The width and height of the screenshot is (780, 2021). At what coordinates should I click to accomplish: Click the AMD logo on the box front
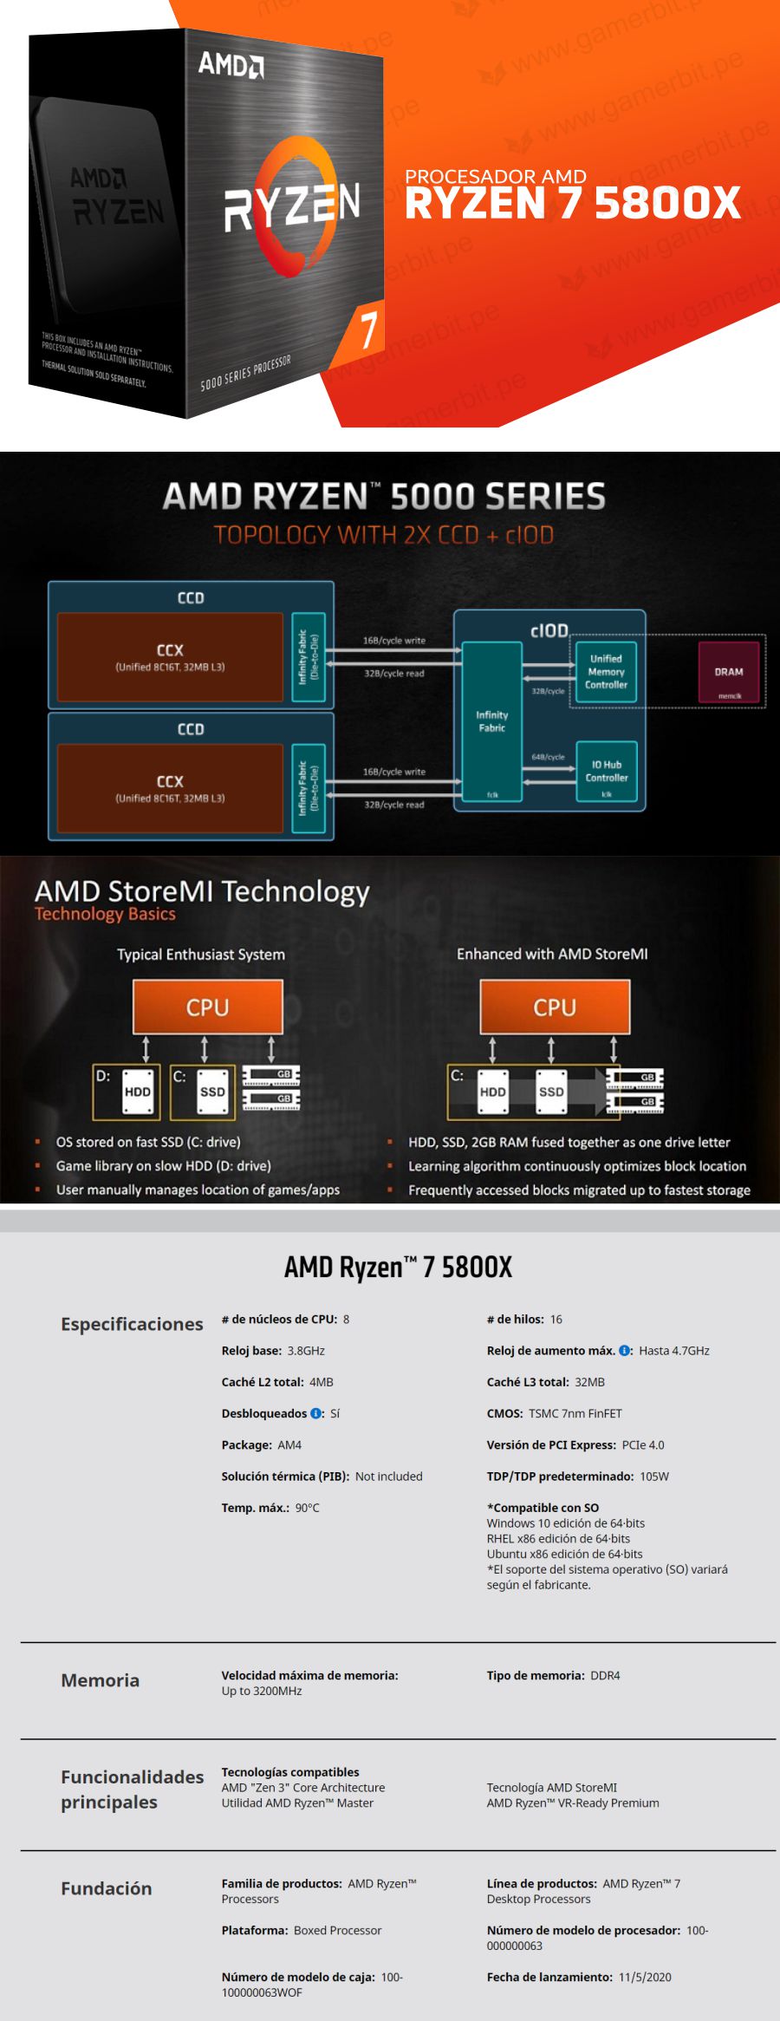pyautogui.click(x=231, y=64)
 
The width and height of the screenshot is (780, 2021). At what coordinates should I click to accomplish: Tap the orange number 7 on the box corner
pyautogui.click(x=369, y=329)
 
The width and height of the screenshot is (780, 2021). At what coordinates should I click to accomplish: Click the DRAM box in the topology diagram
pyautogui.click(x=729, y=672)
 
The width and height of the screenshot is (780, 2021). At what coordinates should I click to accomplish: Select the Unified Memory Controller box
pyautogui.click(x=606, y=672)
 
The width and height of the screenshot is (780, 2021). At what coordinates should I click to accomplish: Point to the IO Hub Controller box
pyautogui.click(x=607, y=771)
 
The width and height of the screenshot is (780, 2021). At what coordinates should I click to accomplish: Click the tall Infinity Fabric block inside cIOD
pyautogui.click(x=492, y=721)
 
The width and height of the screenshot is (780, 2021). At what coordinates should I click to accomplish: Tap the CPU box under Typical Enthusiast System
pyautogui.click(x=208, y=1007)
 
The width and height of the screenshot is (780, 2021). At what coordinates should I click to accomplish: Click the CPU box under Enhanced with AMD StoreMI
pyautogui.click(x=555, y=1007)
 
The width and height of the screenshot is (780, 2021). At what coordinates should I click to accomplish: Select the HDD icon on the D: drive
pyautogui.click(x=137, y=1092)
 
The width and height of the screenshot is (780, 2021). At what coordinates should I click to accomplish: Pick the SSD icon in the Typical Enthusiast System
pyautogui.click(x=212, y=1092)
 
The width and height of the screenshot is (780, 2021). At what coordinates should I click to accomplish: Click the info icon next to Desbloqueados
pyautogui.click(x=316, y=1413)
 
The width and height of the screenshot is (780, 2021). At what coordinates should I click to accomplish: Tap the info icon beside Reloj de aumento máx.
pyautogui.click(x=625, y=1351)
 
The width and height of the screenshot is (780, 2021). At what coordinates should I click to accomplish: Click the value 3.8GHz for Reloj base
pyautogui.click(x=306, y=1351)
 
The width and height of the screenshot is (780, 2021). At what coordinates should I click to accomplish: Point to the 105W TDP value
pyautogui.click(x=654, y=1477)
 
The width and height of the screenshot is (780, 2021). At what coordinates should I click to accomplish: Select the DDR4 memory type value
pyautogui.click(x=605, y=1676)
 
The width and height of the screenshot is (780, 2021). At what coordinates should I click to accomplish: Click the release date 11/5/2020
pyautogui.click(x=645, y=1977)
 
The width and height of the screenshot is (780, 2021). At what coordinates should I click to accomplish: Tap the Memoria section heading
pyautogui.click(x=100, y=1680)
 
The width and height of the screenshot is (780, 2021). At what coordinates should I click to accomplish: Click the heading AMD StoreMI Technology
pyautogui.click(x=202, y=891)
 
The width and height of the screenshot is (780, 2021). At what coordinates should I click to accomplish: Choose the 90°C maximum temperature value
pyautogui.click(x=307, y=1508)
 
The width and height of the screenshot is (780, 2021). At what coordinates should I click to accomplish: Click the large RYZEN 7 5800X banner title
pyautogui.click(x=572, y=204)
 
